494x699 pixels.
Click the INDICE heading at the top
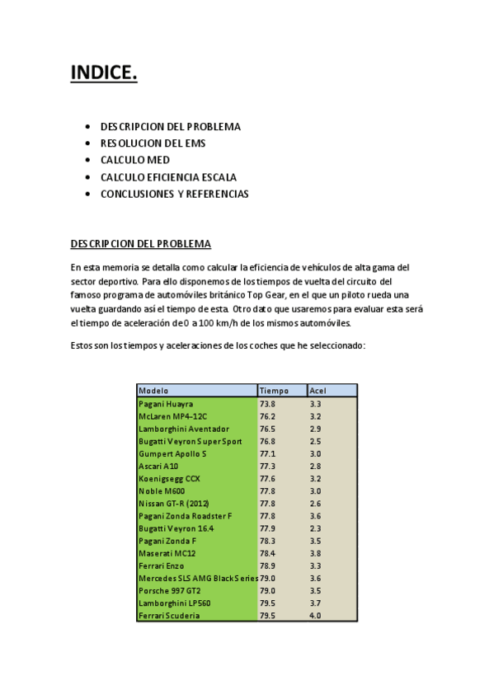pos(104,73)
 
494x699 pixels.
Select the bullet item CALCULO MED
pos(135,160)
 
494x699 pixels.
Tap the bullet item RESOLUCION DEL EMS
pos(153,143)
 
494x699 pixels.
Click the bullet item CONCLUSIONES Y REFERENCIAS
pos(174,194)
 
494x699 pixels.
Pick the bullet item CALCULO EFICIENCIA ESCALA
pos(168,177)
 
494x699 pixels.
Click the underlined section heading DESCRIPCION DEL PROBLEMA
pos(140,244)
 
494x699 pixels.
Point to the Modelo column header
pos(154,391)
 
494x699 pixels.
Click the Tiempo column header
pos(275,391)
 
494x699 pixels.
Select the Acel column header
pos(318,391)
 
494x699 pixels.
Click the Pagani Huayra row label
pos(166,404)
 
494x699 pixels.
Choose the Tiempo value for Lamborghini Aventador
pos(268,429)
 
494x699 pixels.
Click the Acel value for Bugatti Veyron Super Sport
pos(316,441)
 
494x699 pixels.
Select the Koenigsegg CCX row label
pos(170,478)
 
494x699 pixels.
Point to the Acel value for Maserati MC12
pos(316,553)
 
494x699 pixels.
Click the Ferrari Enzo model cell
pos(162,565)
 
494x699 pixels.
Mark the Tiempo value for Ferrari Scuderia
pos(268,615)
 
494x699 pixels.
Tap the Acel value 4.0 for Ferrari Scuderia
pos(316,615)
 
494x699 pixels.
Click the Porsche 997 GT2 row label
pos(170,590)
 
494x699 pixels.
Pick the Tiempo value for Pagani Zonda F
pos(268,541)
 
